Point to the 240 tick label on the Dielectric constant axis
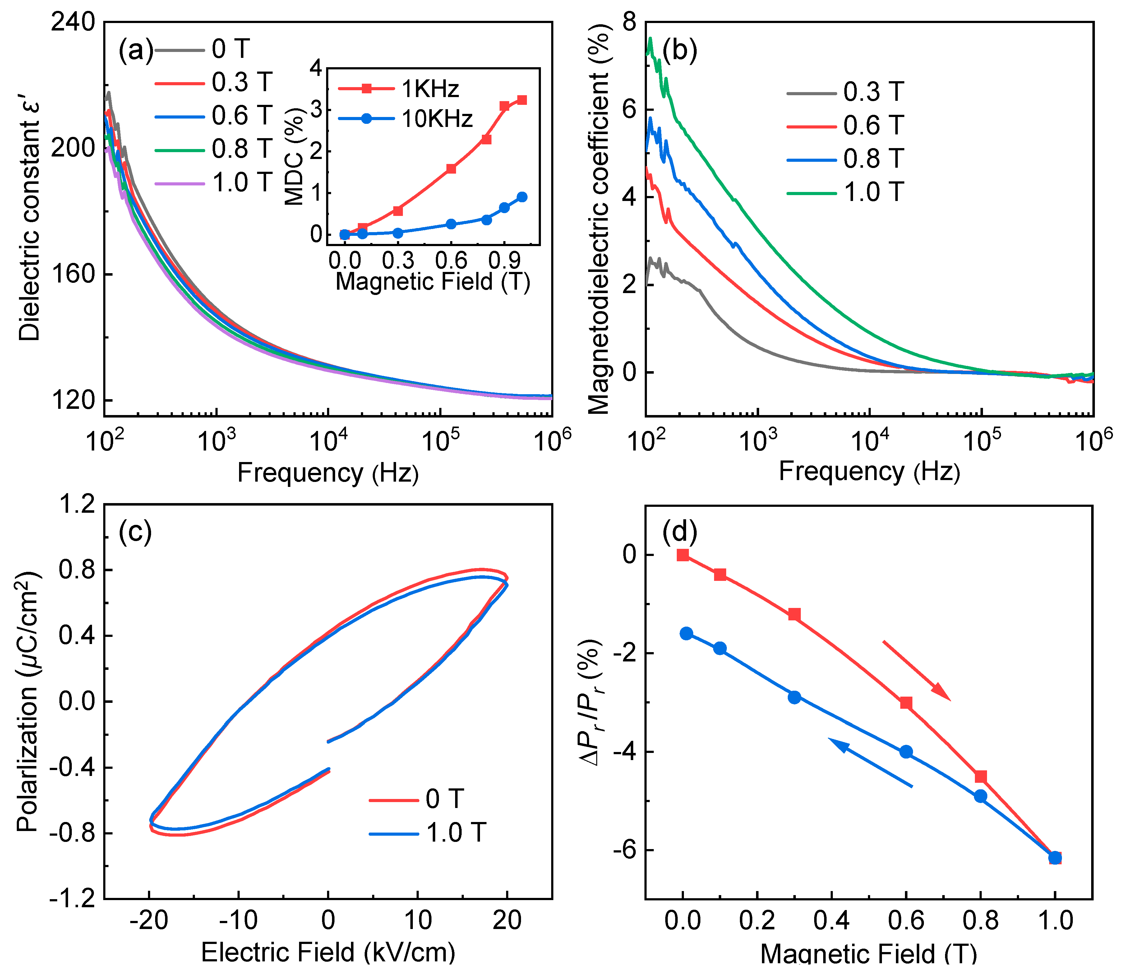click(x=72, y=23)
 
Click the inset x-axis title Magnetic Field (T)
click(x=433, y=282)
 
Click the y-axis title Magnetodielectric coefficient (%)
click(x=599, y=218)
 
